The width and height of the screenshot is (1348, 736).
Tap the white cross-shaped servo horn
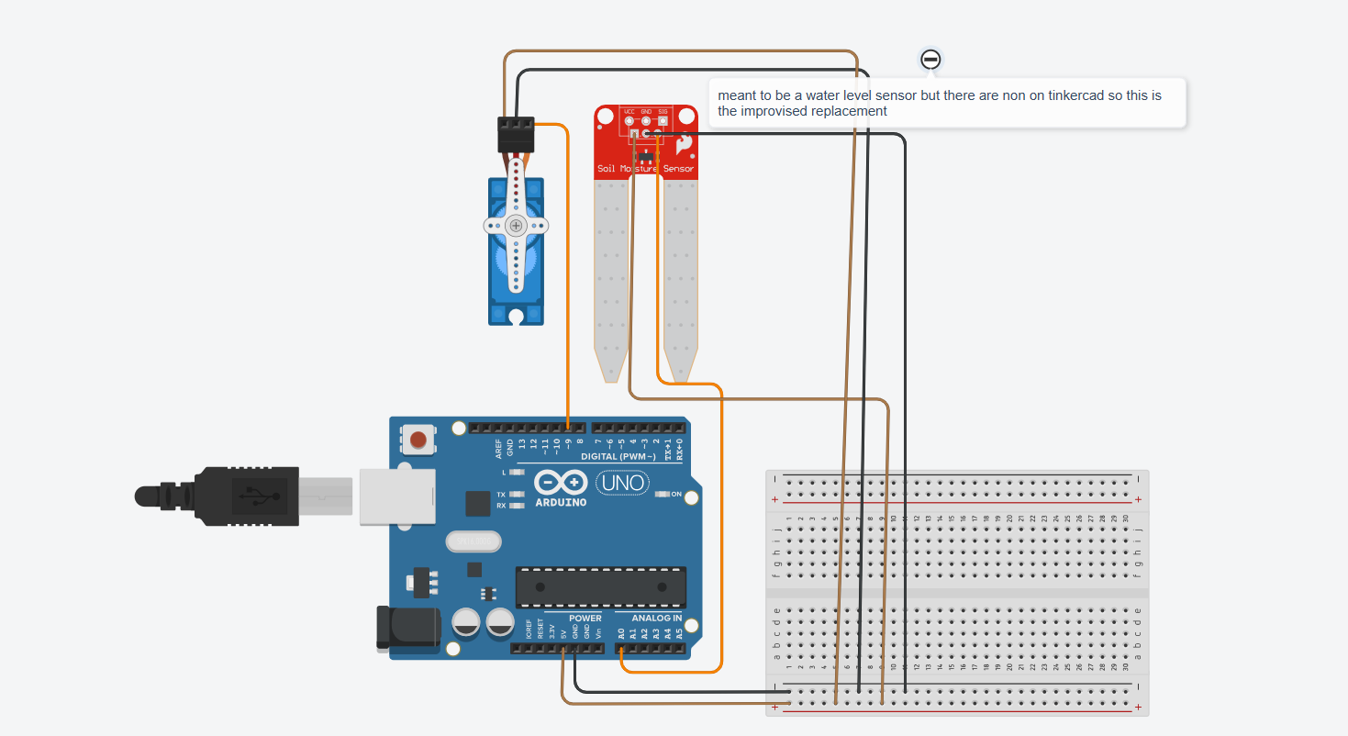pyautogui.click(x=516, y=225)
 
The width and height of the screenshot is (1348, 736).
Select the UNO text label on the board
pyautogui.click(x=623, y=482)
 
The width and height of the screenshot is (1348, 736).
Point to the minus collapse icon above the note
pyautogui.click(x=930, y=60)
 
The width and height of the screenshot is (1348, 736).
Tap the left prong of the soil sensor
pyautogui.click(x=611, y=275)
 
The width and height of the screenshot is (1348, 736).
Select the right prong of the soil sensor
pyautogui.click(x=681, y=275)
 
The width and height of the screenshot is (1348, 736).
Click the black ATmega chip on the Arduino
pyautogui.click(x=600, y=587)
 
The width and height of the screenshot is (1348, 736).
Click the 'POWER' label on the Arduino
pyautogui.click(x=585, y=619)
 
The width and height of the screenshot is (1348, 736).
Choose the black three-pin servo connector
pyautogui.click(x=516, y=134)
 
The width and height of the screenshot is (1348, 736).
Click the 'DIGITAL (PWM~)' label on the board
pyautogui.click(x=618, y=456)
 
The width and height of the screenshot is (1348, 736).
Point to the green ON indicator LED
pyautogui.click(x=663, y=495)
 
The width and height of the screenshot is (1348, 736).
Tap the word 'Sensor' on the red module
pyautogui.click(x=680, y=169)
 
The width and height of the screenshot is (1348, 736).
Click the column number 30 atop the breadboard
pyautogui.click(x=1125, y=519)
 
